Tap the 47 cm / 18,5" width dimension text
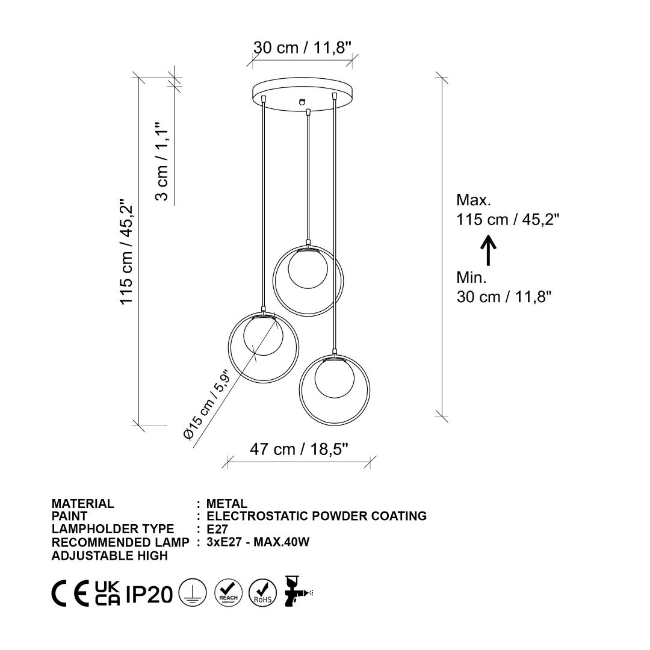tap(299, 449)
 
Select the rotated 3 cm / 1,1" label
tap(162, 161)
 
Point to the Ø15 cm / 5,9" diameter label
tap(206, 404)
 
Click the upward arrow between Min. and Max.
tap(488, 250)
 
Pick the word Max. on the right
tap(474, 200)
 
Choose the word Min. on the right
tap(472, 277)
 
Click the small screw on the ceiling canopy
tap(302, 101)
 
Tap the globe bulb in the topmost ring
tap(308, 268)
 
